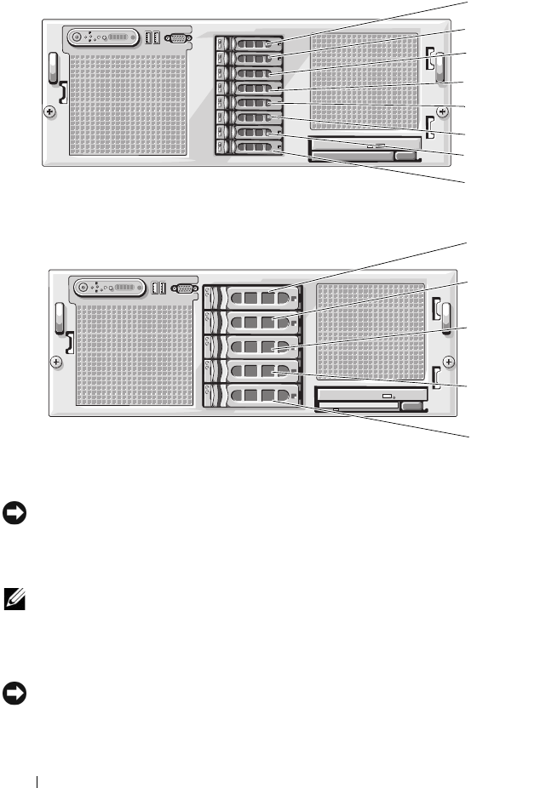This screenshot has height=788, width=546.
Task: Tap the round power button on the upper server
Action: point(78,38)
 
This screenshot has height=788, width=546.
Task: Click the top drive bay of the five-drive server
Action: point(253,297)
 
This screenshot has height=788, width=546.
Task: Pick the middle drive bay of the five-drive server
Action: point(253,346)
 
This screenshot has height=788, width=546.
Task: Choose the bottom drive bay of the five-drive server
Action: point(253,396)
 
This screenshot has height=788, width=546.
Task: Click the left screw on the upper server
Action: point(49,111)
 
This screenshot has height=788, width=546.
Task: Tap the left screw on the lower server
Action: point(56,361)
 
